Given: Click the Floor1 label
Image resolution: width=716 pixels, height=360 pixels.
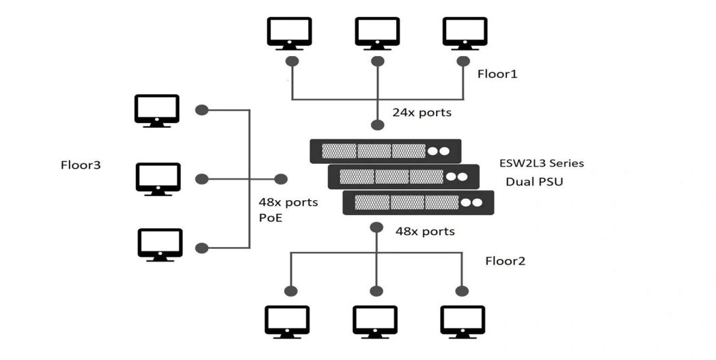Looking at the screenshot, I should (497, 73).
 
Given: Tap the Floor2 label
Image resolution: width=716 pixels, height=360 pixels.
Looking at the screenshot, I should (505, 260).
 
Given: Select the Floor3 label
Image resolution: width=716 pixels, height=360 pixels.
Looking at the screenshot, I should (81, 165).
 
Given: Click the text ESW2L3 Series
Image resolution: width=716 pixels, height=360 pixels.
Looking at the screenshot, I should (541, 163).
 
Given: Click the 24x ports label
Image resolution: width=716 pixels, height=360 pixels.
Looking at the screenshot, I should (422, 112).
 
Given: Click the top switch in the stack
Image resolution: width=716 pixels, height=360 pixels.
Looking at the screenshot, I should (385, 151).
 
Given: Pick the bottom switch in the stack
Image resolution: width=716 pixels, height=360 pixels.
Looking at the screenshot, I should (418, 203).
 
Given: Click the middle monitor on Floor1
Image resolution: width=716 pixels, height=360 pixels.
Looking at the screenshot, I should (377, 33).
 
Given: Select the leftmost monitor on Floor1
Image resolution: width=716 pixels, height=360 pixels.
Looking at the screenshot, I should (289, 33).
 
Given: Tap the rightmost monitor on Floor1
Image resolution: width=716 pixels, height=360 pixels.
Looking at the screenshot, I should (465, 33).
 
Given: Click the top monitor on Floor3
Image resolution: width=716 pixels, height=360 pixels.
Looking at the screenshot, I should (156, 111).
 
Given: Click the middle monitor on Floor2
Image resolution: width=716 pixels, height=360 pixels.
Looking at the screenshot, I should (375, 322).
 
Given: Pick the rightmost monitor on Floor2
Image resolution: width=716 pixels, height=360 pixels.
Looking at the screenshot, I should (463, 322).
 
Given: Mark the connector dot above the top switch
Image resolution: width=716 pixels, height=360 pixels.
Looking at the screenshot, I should (376, 125).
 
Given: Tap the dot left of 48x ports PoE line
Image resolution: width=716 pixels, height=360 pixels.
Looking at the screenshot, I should (281, 179).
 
